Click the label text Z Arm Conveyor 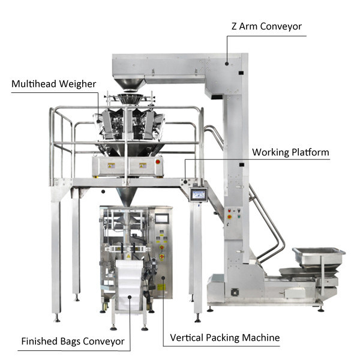[266, 26]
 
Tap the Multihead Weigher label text [54, 84]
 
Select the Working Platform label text [290, 152]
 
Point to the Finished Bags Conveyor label [73, 341]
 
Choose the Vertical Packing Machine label [225, 338]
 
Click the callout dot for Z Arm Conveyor [227, 64]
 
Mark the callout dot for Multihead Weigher [98, 121]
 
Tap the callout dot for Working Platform [185, 182]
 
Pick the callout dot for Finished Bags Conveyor [130, 297]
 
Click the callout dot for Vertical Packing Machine [163, 278]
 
